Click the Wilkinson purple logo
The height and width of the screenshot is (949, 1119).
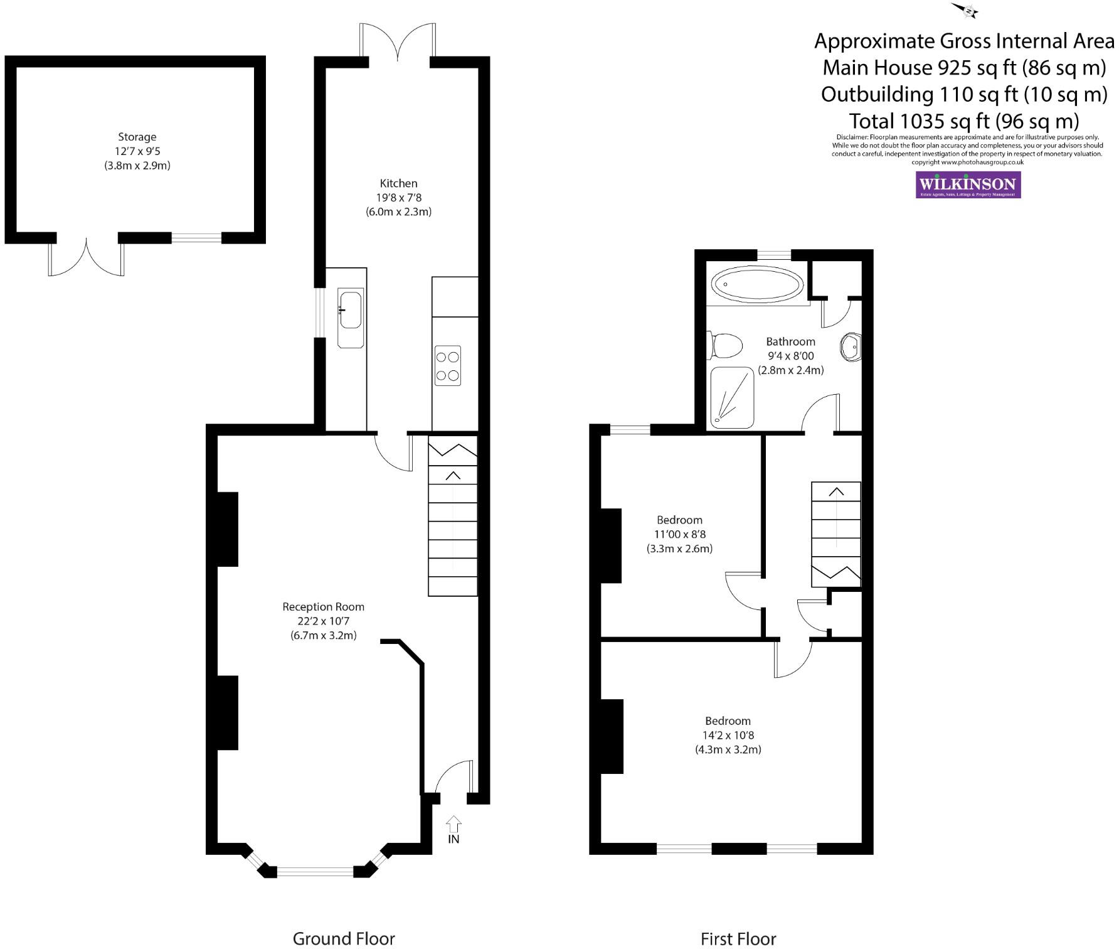pyautogui.click(x=968, y=185)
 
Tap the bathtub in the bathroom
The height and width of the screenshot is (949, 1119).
pyautogui.click(x=757, y=286)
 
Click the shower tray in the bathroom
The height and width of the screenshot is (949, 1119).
pyautogui.click(x=731, y=398)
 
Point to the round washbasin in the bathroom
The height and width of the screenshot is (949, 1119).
pyautogui.click(x=851, y=346)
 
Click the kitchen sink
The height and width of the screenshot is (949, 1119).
pyautogui.click(x=351, y=309)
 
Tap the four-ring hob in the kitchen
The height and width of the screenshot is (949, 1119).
pyautogui.click(x=447, y=365)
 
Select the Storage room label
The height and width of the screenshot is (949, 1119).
pyautogui.click(x=137, y=137)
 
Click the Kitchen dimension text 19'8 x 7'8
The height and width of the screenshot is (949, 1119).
pyautogui.click(x=398, y=198)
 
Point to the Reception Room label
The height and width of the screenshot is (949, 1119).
pyautogui.click(x=323, y=607)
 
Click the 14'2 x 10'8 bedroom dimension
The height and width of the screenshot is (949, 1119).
pyautogui.click(x=728, y=735)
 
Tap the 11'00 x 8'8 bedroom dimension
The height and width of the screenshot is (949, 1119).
pyautogui.click(x=679, y=534)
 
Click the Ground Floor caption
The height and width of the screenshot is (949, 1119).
pyautogui.click(x=344, y=938)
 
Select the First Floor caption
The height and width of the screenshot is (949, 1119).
pyautogui.click(x=738, y=938)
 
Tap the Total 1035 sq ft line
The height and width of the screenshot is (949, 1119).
pyautogui.click(x=963, y=121)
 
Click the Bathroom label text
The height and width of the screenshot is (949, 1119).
pyautogui.click(x=790, y=341)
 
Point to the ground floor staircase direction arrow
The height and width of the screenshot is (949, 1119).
pyautogui.click(x=453, y=476)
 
